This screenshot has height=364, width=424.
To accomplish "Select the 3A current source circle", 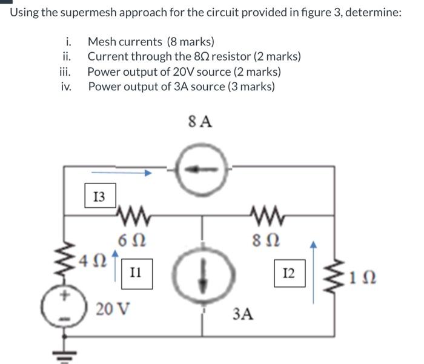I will click(201, 268).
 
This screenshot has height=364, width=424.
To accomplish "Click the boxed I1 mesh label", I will click(136, 273).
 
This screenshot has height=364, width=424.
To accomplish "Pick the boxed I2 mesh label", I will click(289, 273).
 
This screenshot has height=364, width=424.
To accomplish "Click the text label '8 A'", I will click(202, 122).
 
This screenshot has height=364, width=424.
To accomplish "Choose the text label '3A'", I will click(243, 314).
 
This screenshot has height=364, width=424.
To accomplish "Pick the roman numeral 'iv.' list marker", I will click(66, 86).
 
